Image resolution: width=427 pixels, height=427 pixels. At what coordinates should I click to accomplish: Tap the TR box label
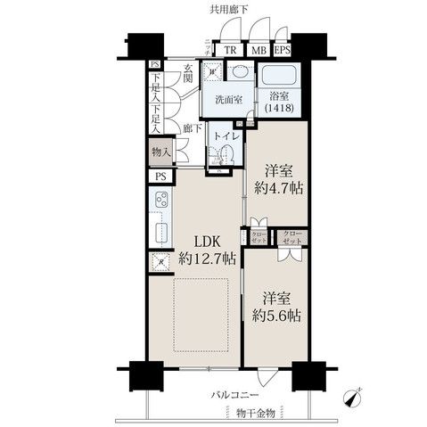point(230,51)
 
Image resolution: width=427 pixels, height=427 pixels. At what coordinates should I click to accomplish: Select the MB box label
point(259,51)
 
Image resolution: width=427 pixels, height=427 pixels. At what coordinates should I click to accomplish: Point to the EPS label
point(281,51)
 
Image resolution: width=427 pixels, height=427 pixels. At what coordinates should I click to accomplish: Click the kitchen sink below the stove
point(161,234)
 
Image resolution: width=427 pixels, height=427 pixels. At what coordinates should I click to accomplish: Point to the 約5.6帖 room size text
point(277,316)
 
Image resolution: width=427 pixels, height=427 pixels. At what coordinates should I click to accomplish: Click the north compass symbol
point(357,394)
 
